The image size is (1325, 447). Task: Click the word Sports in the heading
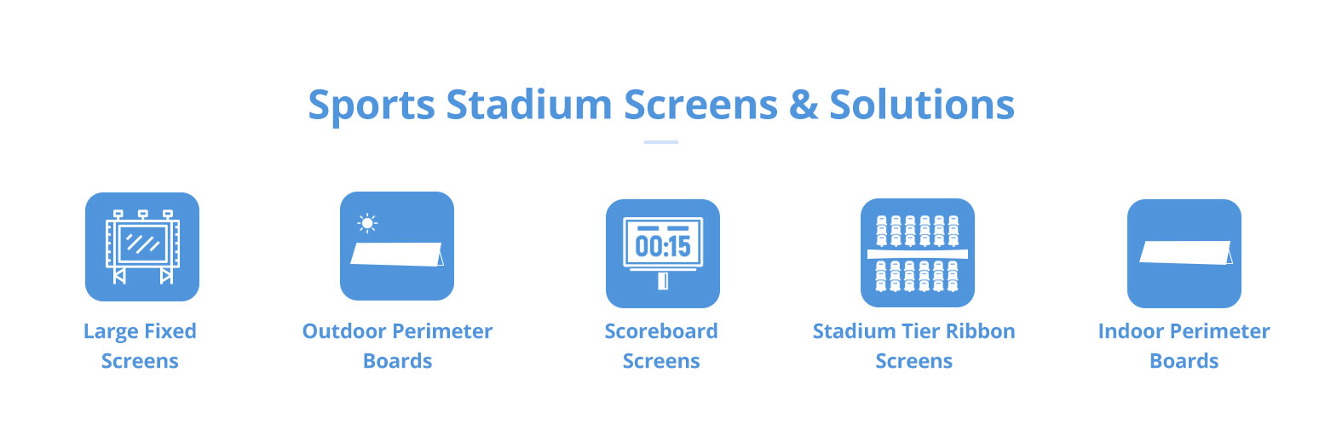click(x=372, y=106)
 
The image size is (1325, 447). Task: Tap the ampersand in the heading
click(x=804, y=105)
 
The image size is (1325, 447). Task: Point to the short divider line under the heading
click(x=660, y=142)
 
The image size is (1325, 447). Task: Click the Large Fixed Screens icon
click(x=142, y=247)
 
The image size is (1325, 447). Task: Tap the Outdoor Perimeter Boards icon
click(x=397, y=246)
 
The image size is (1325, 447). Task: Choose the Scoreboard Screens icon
click(x=663, y=253)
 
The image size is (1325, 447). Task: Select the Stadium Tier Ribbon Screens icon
click(x=918, y=253)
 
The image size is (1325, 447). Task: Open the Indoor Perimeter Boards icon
click(x=1184, y=253)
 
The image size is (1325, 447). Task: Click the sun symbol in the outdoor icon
click(x=367, y=223)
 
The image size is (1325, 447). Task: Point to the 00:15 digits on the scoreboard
click(x=663, y=246)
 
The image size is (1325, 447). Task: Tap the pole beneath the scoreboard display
click(x=663, y=281)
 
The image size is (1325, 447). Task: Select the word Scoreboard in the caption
click(x=660, y=331)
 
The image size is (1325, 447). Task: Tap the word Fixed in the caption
click(x=170, y=331)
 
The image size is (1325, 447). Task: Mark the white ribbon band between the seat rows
click(x=918, y=255)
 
